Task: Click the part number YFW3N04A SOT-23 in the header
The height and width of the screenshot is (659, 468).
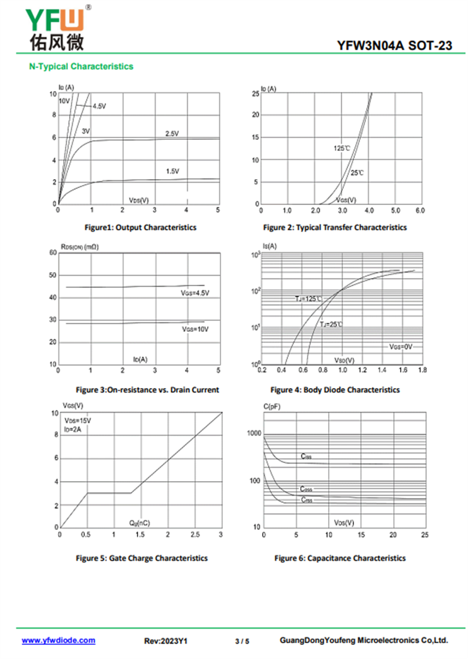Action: [x=394, y=46]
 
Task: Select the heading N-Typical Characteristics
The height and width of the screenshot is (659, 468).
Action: [x=81, y=67]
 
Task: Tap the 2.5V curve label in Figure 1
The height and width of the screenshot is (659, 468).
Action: [x=171, y=134]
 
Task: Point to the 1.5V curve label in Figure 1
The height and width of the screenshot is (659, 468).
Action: [x=172, y=171]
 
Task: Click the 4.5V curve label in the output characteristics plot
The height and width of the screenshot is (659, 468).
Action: [x=99, y=106]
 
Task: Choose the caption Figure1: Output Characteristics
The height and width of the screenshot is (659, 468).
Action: [x=140, y=227]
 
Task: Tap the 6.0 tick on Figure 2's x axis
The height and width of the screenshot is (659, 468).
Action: [x=419, y=210]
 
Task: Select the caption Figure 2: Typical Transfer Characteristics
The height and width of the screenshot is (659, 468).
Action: [x=335, y=227]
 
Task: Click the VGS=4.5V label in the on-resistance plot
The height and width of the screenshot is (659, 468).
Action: [x=195, y=293]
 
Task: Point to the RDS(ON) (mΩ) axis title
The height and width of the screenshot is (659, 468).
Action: [x=80, y=248]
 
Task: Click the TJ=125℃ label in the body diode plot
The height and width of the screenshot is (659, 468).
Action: [x=308, y=299]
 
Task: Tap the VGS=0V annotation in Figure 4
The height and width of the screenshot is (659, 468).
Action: [x=401, y=346]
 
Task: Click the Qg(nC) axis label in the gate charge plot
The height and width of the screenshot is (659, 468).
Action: [x=139, y=522]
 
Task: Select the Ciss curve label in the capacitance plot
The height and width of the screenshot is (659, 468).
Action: [x=306, y=456]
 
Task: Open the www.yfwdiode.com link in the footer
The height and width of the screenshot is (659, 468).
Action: [x=58, y=640]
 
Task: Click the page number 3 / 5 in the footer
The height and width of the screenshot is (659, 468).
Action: [x=242, y=641]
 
